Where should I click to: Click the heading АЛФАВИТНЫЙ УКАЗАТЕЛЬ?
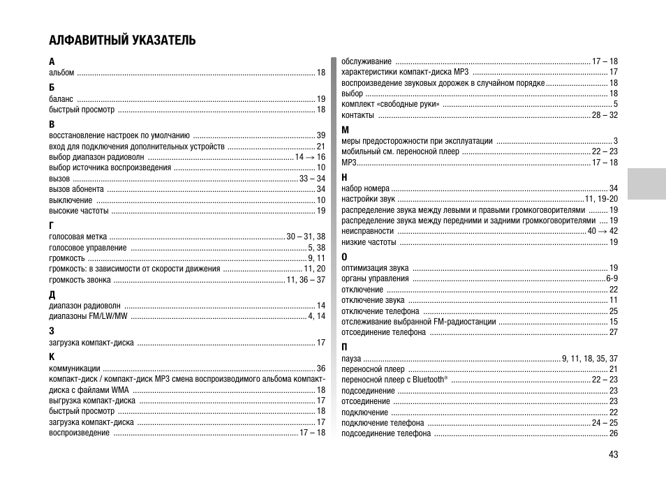(122, 40)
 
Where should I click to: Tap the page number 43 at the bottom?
(613, 454)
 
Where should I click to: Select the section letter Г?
(52, 225)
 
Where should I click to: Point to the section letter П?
(344, 347)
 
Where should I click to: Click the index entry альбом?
(61, 73)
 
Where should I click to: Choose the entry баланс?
(61, 99)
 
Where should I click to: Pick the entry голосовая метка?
(78, 237)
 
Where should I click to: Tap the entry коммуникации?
(75, 368)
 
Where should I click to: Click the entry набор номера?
(365, 188)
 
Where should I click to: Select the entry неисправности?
(367, 231)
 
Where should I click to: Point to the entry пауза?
(351, 359)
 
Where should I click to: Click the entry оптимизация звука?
(375, 268)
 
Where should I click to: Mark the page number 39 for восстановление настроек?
(321, 135)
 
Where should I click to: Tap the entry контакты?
(358, 115)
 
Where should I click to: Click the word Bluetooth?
(428, 380)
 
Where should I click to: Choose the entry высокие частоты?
(79, 210)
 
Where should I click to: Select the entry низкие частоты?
(369, 242)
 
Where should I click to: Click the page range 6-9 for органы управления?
(612, 278)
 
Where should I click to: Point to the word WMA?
(120, 390)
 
